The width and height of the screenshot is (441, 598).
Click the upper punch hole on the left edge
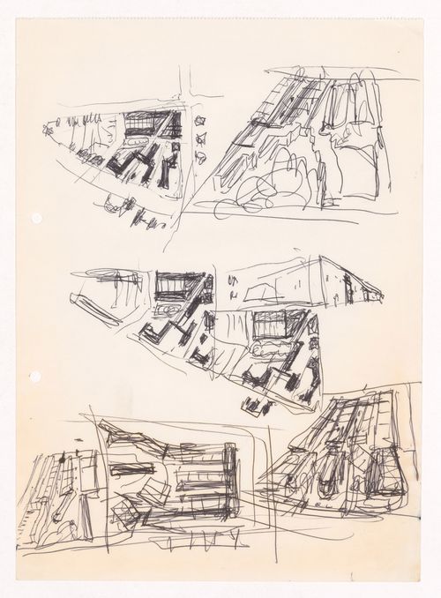tap(35, 218)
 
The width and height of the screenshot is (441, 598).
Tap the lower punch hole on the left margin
tap(35, 377)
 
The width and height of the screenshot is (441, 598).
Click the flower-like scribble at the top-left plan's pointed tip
tap(48, 131)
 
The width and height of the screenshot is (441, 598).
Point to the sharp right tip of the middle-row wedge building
tap(381, 296)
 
